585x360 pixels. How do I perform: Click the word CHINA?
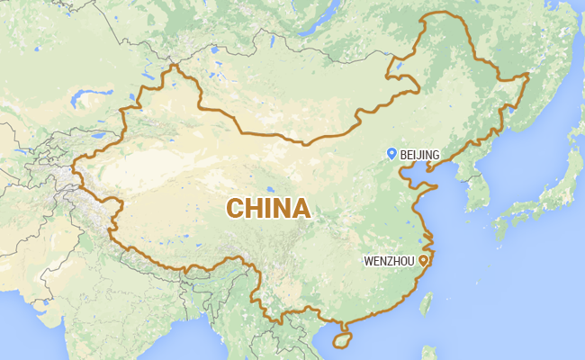click(268, 208)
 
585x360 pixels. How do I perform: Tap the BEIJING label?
click(420, 156)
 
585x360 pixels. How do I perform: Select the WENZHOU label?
click(389, 260)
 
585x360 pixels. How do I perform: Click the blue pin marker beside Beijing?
click(391, 154)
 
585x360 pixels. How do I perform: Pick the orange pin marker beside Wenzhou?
click(423, 259)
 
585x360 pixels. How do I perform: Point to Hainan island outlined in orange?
click(342, 341)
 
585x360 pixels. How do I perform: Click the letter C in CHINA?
click(236, 208)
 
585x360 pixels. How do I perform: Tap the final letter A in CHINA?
click(301, 208)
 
